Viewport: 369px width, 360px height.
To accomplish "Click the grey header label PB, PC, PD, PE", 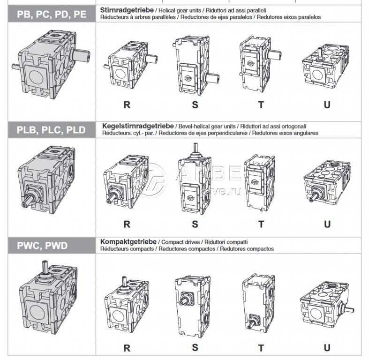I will coord(51,14).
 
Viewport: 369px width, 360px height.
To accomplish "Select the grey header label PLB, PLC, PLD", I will coord(51,129).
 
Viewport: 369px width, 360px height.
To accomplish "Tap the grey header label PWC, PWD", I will coord(43,245).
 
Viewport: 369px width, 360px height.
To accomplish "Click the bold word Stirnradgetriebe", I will coord(124,9).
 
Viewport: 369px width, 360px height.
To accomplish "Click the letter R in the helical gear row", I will coord(127,105).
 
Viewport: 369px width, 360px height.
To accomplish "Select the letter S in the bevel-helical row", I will coord(195,224).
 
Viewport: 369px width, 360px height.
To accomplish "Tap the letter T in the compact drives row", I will coord(261,347).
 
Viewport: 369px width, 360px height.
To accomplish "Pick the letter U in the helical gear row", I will coord(327,105).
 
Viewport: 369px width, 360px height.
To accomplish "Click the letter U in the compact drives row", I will coord(327,347).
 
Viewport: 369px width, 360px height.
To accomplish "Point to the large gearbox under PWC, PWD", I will coord(49,300).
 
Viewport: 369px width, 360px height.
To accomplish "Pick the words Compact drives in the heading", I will coord(180,242).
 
